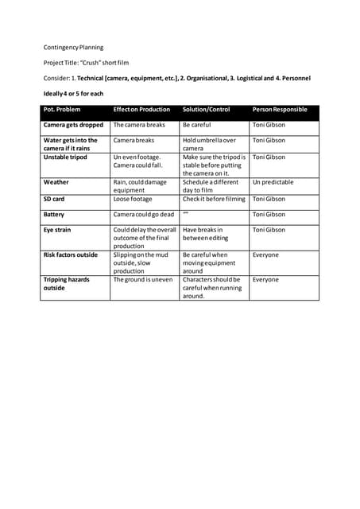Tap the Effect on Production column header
point(141,109)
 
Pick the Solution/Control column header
point(206,109)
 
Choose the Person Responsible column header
point(279,109)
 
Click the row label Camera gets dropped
point(73,125)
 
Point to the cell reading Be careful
point(196,125)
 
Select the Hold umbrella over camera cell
point(209,144)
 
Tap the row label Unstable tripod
point(66,157)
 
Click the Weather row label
point(56,182)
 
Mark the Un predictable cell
point(273,182)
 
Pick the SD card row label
point(54,199)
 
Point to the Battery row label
point(54,215)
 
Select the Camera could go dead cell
point(144,215)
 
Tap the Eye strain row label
point(58,230)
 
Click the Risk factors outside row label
point(71,254)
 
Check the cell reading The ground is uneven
point(143,280)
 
